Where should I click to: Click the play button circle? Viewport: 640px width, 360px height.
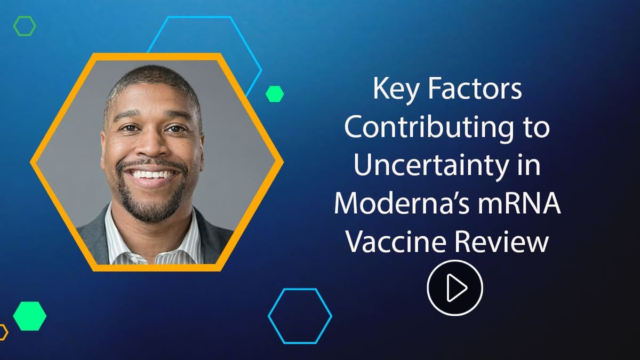(x=454, y=288)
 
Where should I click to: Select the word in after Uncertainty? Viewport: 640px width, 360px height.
(x=530, y=167)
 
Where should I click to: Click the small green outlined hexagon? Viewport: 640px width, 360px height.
(x=25, y=26)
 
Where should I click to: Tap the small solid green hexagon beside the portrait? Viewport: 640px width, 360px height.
(x=274, y=94)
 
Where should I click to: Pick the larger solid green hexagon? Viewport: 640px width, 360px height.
(x=29, y=316)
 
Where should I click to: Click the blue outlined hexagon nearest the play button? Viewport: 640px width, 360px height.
(x=300, y=315)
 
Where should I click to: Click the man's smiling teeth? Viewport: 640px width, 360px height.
(x=153, y=174)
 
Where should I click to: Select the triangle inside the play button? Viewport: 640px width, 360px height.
(x=457, y=288)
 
